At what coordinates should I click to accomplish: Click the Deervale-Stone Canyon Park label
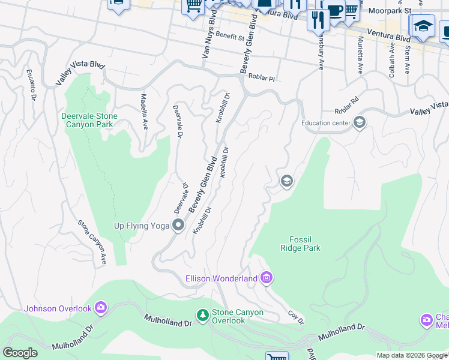pos(89,120)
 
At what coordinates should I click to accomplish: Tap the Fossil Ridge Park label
pos(301,244)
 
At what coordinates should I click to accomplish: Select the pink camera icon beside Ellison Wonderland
pos(267,278)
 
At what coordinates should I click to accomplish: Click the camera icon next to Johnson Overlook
pos(100,308)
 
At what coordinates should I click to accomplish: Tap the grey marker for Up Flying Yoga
pos(178,226)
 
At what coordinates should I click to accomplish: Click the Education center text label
pos(325,124)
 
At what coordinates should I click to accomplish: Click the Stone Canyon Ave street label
pos(92,242)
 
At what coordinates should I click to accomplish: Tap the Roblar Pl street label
pos(262,78)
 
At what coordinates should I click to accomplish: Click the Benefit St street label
pos(230,37)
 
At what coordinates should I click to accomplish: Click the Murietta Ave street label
pos(361,55)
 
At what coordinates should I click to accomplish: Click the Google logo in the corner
pos(20,353)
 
